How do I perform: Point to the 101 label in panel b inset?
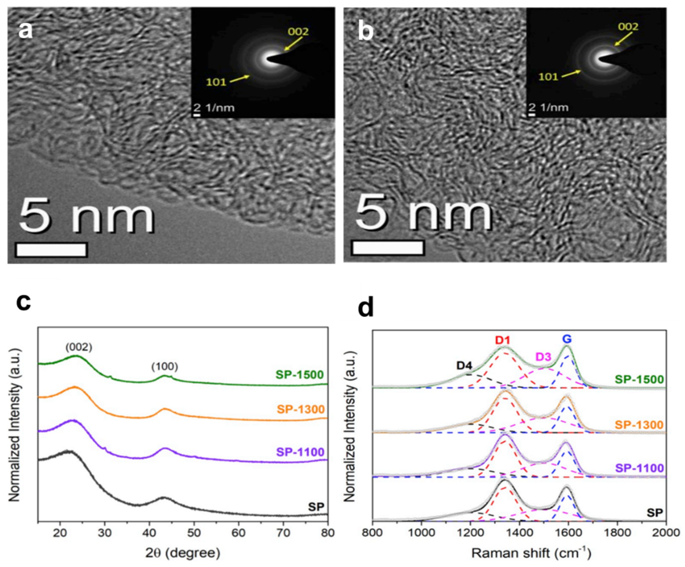(548, 77)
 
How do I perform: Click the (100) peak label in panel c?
(164, 367)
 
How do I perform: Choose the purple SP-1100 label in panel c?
(300, 452)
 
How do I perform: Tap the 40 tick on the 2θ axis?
(149, 533)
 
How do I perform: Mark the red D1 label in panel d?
(502, 340)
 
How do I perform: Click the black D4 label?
(464, 365)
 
